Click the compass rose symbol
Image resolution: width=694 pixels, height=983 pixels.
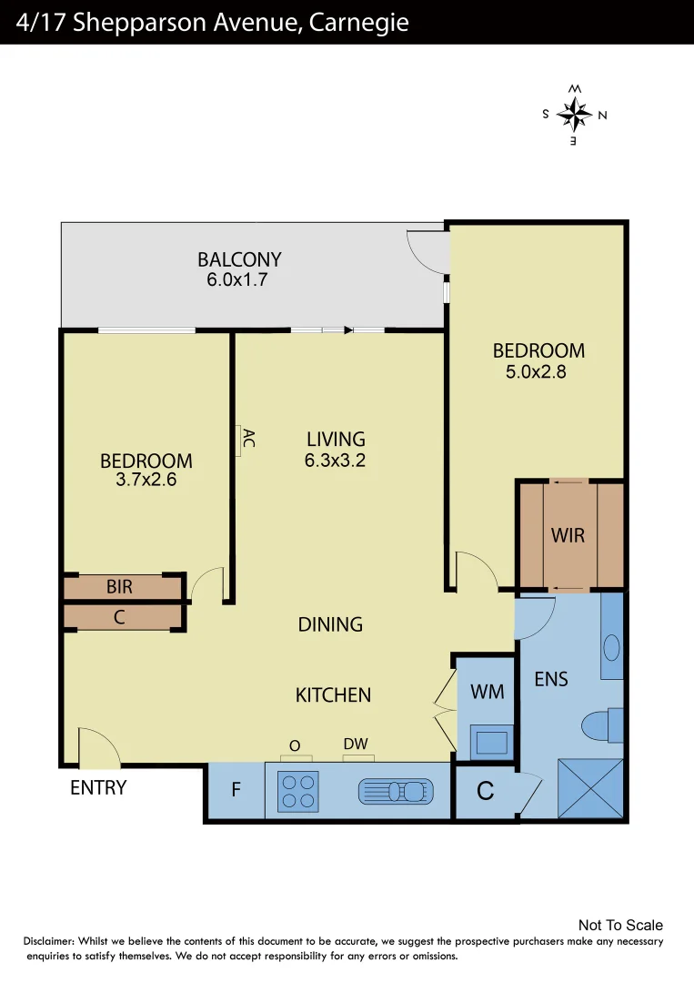click(574, 115)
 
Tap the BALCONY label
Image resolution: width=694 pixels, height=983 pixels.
click(239, 260)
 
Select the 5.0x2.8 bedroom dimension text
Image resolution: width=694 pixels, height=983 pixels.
click(536, 371)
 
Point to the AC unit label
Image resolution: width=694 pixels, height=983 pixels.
click(246, 438)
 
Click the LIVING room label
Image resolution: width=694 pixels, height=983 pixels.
click(336, 440)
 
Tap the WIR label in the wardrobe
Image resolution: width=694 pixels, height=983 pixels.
click(568, 535)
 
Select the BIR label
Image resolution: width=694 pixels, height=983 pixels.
click(119, 587)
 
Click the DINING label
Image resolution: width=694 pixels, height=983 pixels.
click(330, 624)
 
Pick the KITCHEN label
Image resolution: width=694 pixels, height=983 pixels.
click(333, 695)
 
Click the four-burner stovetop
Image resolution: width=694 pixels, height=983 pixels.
click(297, 791)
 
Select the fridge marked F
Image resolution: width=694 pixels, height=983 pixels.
click(235, 790)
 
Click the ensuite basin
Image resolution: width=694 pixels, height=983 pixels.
click(611, 648)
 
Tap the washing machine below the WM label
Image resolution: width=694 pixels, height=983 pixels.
click(491, 743)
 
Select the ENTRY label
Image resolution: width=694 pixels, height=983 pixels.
click(98, 788)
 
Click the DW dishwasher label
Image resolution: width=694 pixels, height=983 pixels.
click(356, 745)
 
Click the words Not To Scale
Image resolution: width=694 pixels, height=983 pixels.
click(620, 926)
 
